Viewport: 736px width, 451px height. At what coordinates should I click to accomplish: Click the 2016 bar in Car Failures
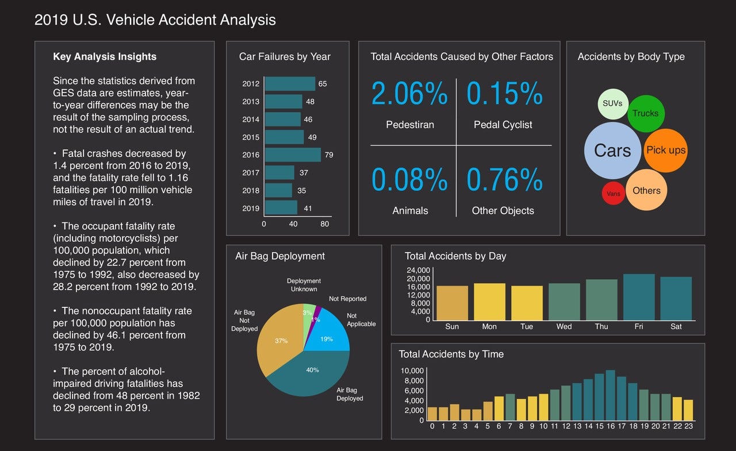(292, 155)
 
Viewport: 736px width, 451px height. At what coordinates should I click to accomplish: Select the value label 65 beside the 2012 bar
(323, 84)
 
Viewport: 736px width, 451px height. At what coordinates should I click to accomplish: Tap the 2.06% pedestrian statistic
(409, 94)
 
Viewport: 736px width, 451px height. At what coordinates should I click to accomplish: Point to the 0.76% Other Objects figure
(504, 180)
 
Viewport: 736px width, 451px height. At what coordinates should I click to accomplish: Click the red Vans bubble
(614, 194)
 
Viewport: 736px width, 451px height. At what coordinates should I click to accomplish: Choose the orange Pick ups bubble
(666, 151)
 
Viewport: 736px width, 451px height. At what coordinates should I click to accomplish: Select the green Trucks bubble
(646, 113)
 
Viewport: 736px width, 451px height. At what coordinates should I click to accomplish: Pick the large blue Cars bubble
(612, 151)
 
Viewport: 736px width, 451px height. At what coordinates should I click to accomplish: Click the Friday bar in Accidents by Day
(639, 297)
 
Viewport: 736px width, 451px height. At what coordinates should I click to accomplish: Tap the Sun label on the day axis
(452, 326)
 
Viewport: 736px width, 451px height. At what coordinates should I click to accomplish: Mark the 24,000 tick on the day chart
(418, 271)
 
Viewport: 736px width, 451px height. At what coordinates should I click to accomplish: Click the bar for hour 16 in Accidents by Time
(610, 395)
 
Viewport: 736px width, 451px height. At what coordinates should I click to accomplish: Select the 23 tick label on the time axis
(688, 426)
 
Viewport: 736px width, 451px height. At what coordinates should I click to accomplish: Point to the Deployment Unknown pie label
(304, 285)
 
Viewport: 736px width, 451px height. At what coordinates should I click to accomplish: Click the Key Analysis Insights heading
(105, 57)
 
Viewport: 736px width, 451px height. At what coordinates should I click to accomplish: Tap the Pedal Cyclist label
(503, 125)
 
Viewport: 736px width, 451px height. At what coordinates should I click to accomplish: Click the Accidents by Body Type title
(631, 56)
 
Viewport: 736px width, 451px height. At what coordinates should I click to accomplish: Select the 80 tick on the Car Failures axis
(325, 224)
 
